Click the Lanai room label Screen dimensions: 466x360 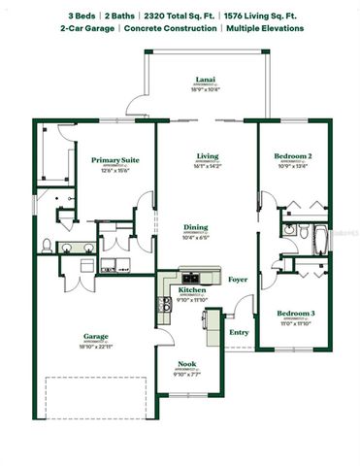pyautogui.click(x=205, y=79)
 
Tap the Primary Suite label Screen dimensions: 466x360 pyautogui.click(x=115, y=159)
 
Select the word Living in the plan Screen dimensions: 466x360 pyautogui.click(x=207, y=155)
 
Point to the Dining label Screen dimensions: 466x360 pyautogui.click(x=195, y=227)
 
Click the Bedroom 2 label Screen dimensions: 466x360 pyautogui.click(x=294, y=155)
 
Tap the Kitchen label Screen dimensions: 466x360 pyautogui.click(x=191, y=289)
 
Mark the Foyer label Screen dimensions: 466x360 pyautogui.click(x=239, y=280)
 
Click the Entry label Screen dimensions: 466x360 pyautogui.click(x=239, y=332)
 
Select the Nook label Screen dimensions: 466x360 pyautogui.click(x=186, y=365)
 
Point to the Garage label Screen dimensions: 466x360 pyautogui.click(x=95, y=337)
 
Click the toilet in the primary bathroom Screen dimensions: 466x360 pyautogui.click(x=46, y=244)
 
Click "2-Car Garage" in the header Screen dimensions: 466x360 pyautogui.click(x=87, y=29)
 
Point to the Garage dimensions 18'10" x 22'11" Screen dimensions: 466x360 pyautogui.click(x=95, y=347)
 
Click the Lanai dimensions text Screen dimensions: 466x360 pyautogui.click(x=205, y=88)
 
